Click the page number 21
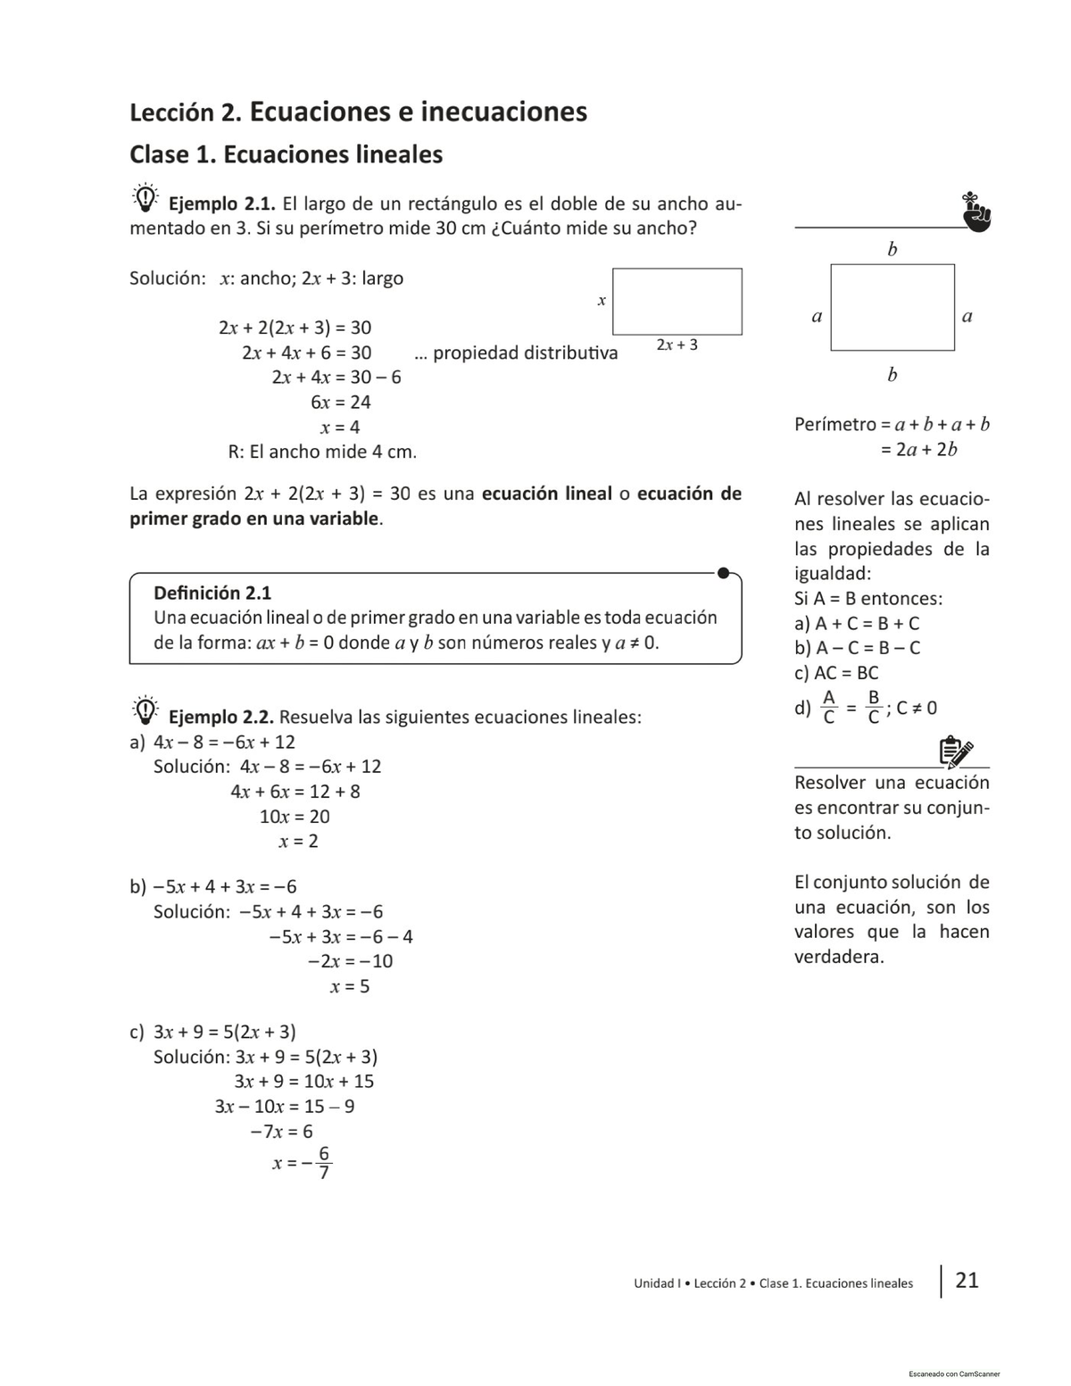pos(967,1281)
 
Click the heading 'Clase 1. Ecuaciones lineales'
pos(286,154)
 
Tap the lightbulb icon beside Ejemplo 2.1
pos(145,197)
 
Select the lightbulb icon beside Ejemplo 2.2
pos(145,710)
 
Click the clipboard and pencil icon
pos(955,752)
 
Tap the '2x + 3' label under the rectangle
pos(677,344)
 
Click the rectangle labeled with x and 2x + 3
pos(677,302)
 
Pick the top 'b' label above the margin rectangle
pos(892,250)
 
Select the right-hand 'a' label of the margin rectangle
pos(967,316)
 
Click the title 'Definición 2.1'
pos(212,593)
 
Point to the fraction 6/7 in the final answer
pos(324,1163)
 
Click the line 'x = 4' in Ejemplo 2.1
pos(340,427)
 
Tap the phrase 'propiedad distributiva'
pos(525,353)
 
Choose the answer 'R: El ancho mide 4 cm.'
pos(322,452)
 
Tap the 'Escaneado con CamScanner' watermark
pos(954,1374)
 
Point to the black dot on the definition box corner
pos(724,573)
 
